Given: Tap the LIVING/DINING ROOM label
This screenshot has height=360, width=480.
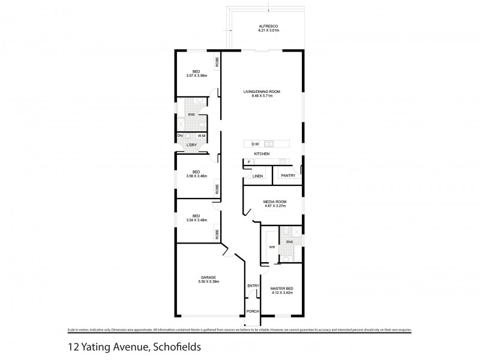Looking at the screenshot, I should tap(262, 91).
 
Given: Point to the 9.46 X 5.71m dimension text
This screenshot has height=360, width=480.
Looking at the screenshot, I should tap(262, 96).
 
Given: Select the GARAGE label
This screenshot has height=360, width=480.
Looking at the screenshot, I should tap(208, 277).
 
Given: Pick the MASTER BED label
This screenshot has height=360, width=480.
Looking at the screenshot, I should tap(281, 289).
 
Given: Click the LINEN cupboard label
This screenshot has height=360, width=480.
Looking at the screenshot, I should tap(257, 176).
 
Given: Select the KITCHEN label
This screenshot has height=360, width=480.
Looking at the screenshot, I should tap(261, 154).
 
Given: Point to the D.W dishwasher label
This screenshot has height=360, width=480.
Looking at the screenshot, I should tap(255, 144).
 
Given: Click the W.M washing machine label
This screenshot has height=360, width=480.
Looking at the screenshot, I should tap(201, 136).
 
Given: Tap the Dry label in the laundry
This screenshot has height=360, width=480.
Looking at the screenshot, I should tap(180, 136).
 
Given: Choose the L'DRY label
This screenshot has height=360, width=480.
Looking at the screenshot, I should tap(191, 145).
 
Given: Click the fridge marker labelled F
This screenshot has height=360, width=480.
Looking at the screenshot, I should tap(248, 162).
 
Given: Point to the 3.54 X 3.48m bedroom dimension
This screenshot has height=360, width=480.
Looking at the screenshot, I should tap(196, 220).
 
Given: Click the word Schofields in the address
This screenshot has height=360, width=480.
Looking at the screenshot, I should tap(175, 346).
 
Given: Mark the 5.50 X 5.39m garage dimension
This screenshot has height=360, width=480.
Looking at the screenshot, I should tap(208, 281).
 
